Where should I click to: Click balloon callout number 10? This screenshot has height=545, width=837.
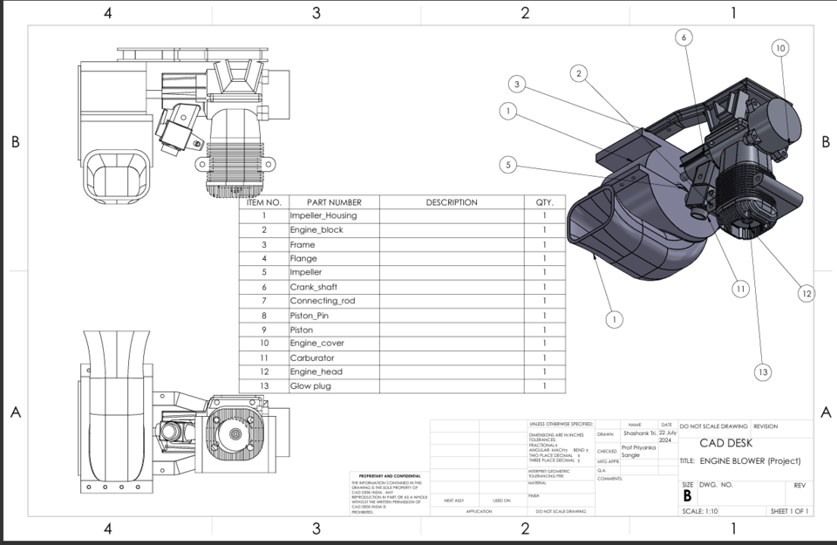point(780,49)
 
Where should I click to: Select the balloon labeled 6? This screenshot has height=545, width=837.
point(684,37)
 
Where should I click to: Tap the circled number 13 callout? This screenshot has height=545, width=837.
point(763,372)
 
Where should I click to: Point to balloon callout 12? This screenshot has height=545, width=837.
point(806,294)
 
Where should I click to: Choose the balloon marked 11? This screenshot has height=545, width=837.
point(740,289)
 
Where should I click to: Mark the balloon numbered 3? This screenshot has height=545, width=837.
point(518,85)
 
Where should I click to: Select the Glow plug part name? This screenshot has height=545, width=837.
point(310,386)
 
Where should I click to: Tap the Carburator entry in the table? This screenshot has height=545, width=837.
point(311,358)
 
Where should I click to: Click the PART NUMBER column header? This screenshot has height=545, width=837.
point(334,202)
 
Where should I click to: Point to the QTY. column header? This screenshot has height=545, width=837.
point(544,202)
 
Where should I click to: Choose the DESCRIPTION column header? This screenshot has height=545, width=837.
point(452,202)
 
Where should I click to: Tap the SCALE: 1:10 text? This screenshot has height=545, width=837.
point(700,511)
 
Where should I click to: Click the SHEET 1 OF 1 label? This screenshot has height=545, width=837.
point(788,511)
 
